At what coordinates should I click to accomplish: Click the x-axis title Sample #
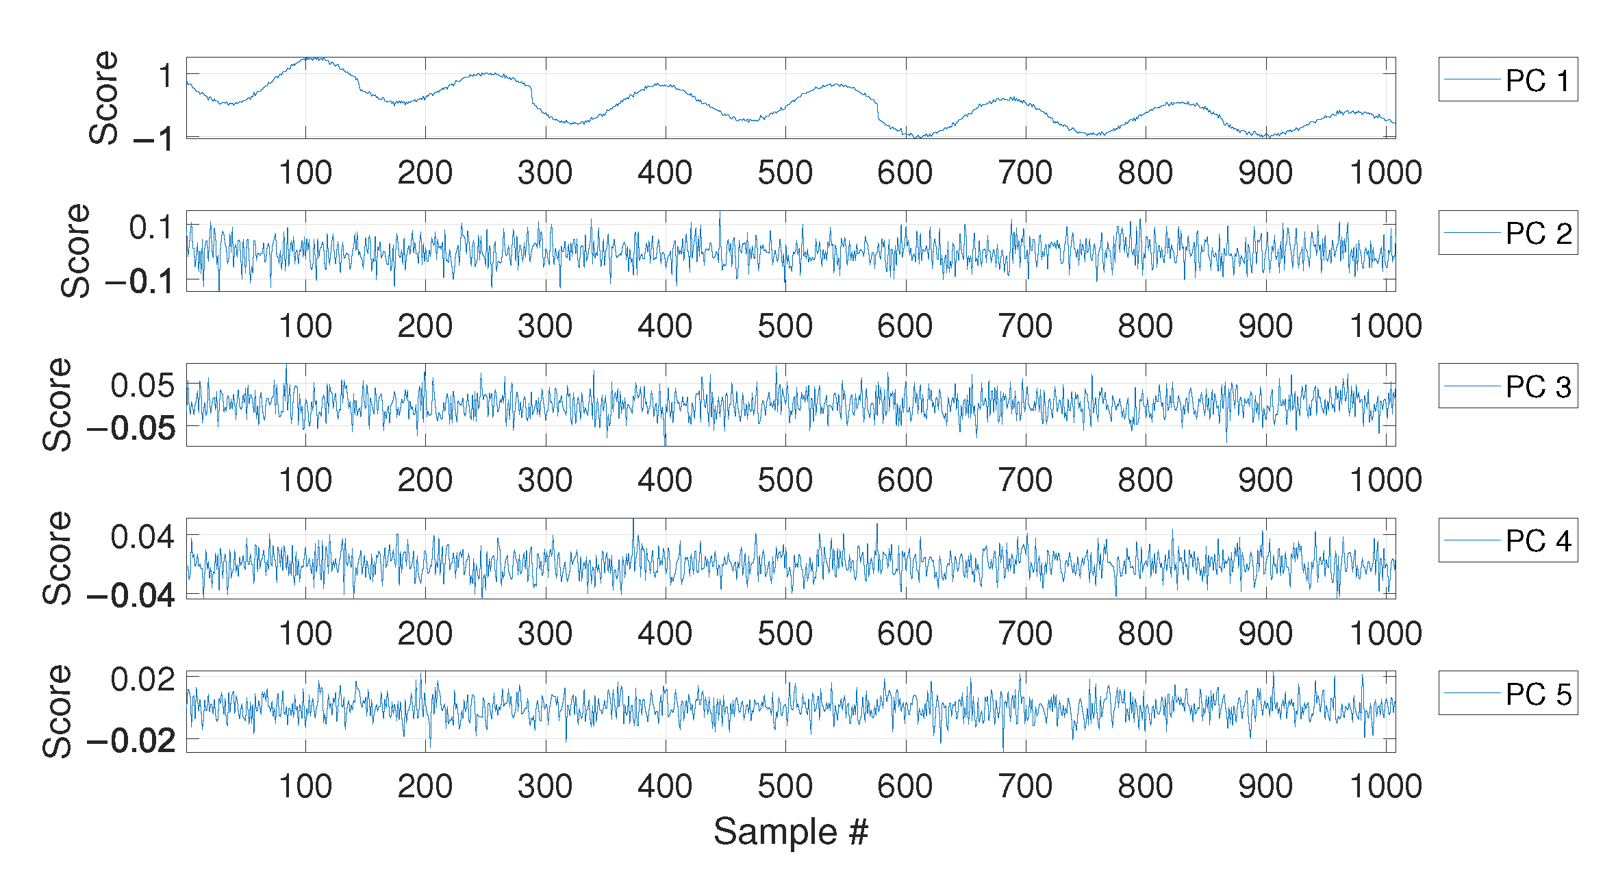tap(791, 832)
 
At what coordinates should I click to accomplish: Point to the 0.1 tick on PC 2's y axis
tap(151, 228)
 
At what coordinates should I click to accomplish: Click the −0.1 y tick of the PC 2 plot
tap(140, 282)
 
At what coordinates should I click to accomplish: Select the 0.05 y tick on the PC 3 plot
tap(142, 386)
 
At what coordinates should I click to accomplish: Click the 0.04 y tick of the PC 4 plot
tap(142, 537)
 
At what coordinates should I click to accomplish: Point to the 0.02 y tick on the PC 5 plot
tap(142, 679)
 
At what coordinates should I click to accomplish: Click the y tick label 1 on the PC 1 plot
tap(165, 75)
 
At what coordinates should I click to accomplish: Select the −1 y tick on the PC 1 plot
tap(153, 139)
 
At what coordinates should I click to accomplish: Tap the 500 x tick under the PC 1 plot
tap(785, 173)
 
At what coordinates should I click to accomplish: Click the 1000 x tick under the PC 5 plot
tap(1385, 786)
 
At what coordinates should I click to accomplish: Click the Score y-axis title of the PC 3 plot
tap(58, 404)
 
